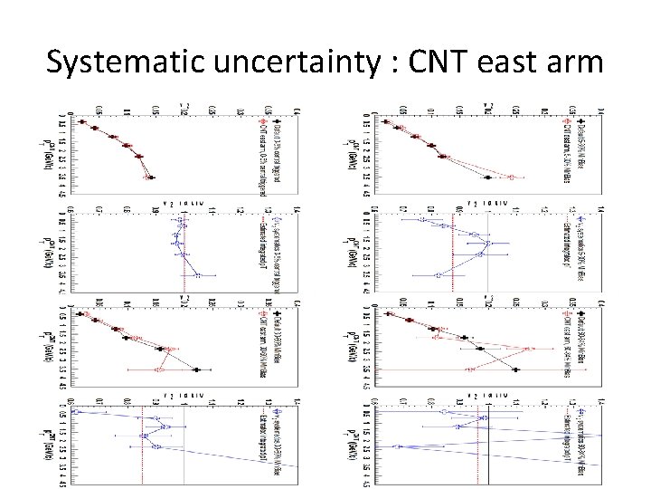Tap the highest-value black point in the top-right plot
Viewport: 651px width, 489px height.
487,177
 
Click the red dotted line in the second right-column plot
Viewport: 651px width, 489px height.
452,263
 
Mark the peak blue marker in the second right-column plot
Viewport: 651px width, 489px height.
487,244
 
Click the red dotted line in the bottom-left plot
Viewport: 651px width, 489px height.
142,444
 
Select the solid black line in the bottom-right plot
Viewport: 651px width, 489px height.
488,444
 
